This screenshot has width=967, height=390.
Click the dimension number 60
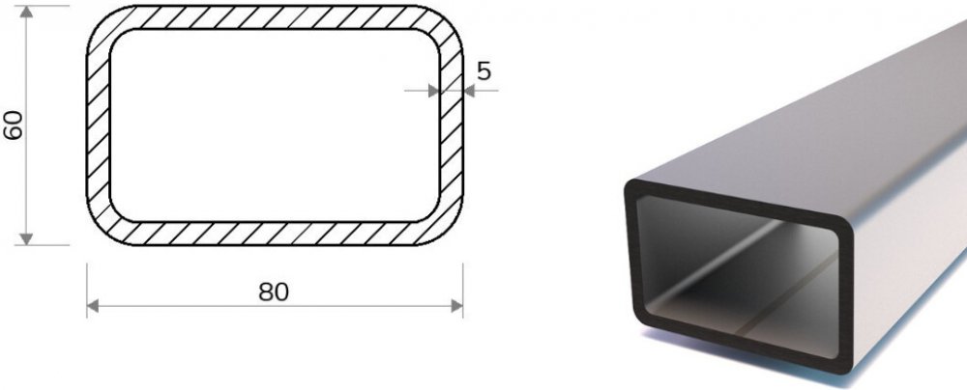pyautogui.click(x=14, y=125)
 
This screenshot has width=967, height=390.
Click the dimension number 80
pyautogui.click(x=274, y=292)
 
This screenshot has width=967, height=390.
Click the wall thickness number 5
pyautogui.click(x=484, y=71)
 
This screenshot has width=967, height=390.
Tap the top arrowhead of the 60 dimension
pyautogui.click(x=26, y=12)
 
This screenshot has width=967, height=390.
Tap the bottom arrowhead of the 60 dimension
pyautogui.click(x=26, y=238)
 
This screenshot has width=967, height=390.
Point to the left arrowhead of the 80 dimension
pyautogui.click(x=93, y=306)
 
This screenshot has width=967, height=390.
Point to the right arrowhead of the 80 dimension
pyautogui.click(x=457, y=306)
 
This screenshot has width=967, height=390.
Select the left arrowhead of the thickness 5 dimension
pyautogui.click(x=433, y=91)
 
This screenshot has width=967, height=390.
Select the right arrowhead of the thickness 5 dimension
pyautogui.click(x=469, y=91)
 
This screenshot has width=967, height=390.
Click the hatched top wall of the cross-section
pyautogui.click(x=275, y=17)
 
